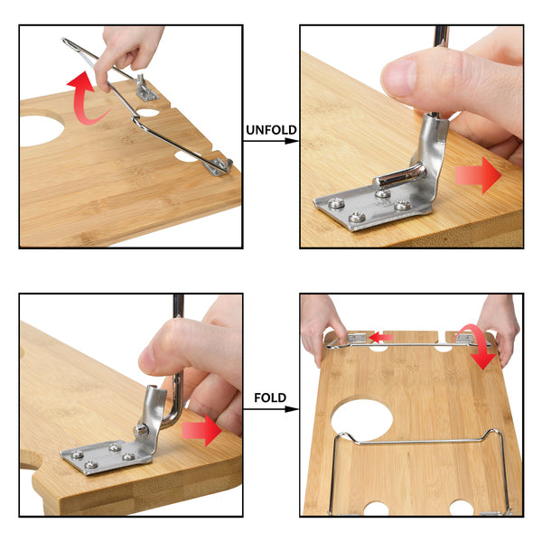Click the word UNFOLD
pos(271,130)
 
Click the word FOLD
pos(270,397)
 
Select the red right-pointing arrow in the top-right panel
pos(479,175)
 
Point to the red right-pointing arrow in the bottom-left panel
pos(201,431)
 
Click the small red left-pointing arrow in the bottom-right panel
pos(381,337)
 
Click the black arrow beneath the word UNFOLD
pos(270,141)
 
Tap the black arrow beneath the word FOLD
pos(270,409)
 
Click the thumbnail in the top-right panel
pos(398,78)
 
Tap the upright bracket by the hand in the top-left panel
pos(145,89)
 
